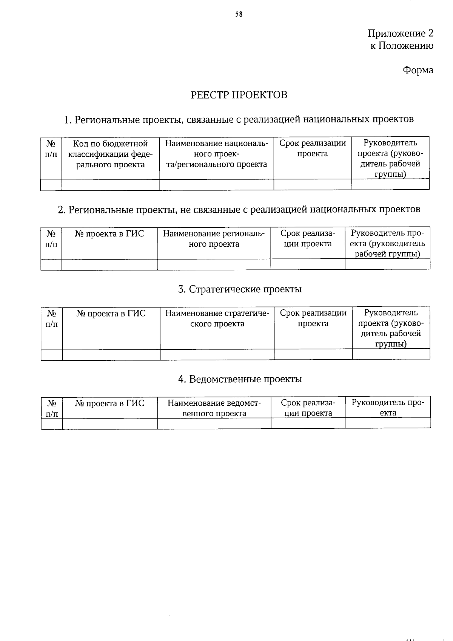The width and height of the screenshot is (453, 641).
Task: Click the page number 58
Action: (x=239, y=14)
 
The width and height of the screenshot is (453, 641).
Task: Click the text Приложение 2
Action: (x=401, y=34)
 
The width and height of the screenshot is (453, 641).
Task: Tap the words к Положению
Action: (x=401, y=46)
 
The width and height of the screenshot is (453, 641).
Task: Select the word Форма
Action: (x=418, y=70)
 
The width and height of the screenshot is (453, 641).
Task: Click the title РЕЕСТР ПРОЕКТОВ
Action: (x=239, y=95)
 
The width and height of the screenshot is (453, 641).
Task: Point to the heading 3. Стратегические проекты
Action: (x=240, y=289)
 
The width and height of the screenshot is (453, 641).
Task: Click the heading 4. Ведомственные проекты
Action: (x=240, y=379)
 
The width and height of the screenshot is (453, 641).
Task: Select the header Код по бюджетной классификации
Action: (x=110, y=154)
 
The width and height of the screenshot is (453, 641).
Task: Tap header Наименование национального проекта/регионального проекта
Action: (x=216, y=154)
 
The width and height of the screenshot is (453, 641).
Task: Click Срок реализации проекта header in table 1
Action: (x=313, y=148)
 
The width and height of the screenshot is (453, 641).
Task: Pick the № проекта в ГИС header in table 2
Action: (x=109, y=234)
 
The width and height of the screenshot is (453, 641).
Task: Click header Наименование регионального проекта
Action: (x=214, y=239)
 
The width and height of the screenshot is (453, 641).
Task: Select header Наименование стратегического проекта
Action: (x=217, y=318)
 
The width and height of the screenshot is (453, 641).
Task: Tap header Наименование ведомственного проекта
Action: (x=214, y=408)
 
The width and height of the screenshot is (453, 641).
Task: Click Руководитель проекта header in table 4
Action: (x=388, y=408)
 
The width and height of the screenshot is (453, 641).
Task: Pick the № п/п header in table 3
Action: (x=52, y=319)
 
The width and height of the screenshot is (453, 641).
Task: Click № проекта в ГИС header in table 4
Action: (x=110, y=403)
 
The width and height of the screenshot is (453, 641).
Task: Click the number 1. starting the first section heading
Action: (x=68, y=120)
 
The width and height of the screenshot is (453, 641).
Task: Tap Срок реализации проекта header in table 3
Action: (x=313, y=318)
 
